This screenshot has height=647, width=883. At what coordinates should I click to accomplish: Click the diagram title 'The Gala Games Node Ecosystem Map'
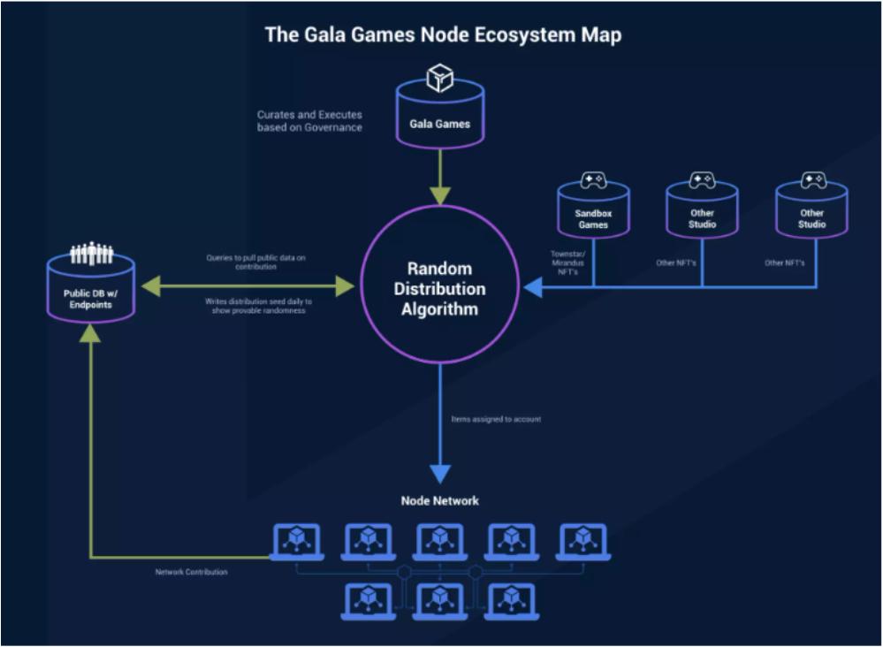point(443,35)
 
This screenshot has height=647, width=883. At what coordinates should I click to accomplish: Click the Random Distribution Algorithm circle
point(439,288)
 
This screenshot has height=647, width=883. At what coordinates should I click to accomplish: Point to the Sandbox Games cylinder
point(593,212)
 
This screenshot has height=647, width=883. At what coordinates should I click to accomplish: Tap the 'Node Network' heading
point(439,501)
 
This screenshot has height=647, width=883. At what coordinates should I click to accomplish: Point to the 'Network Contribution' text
point(191,573)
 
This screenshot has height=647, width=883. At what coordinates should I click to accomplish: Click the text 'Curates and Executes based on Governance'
point(309,121)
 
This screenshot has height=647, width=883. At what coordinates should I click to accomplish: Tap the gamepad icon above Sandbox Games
point(593,180)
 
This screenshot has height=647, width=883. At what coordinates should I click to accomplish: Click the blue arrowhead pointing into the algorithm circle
point(534,287)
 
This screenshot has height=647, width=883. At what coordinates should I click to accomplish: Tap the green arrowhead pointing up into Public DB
point(91,332)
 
